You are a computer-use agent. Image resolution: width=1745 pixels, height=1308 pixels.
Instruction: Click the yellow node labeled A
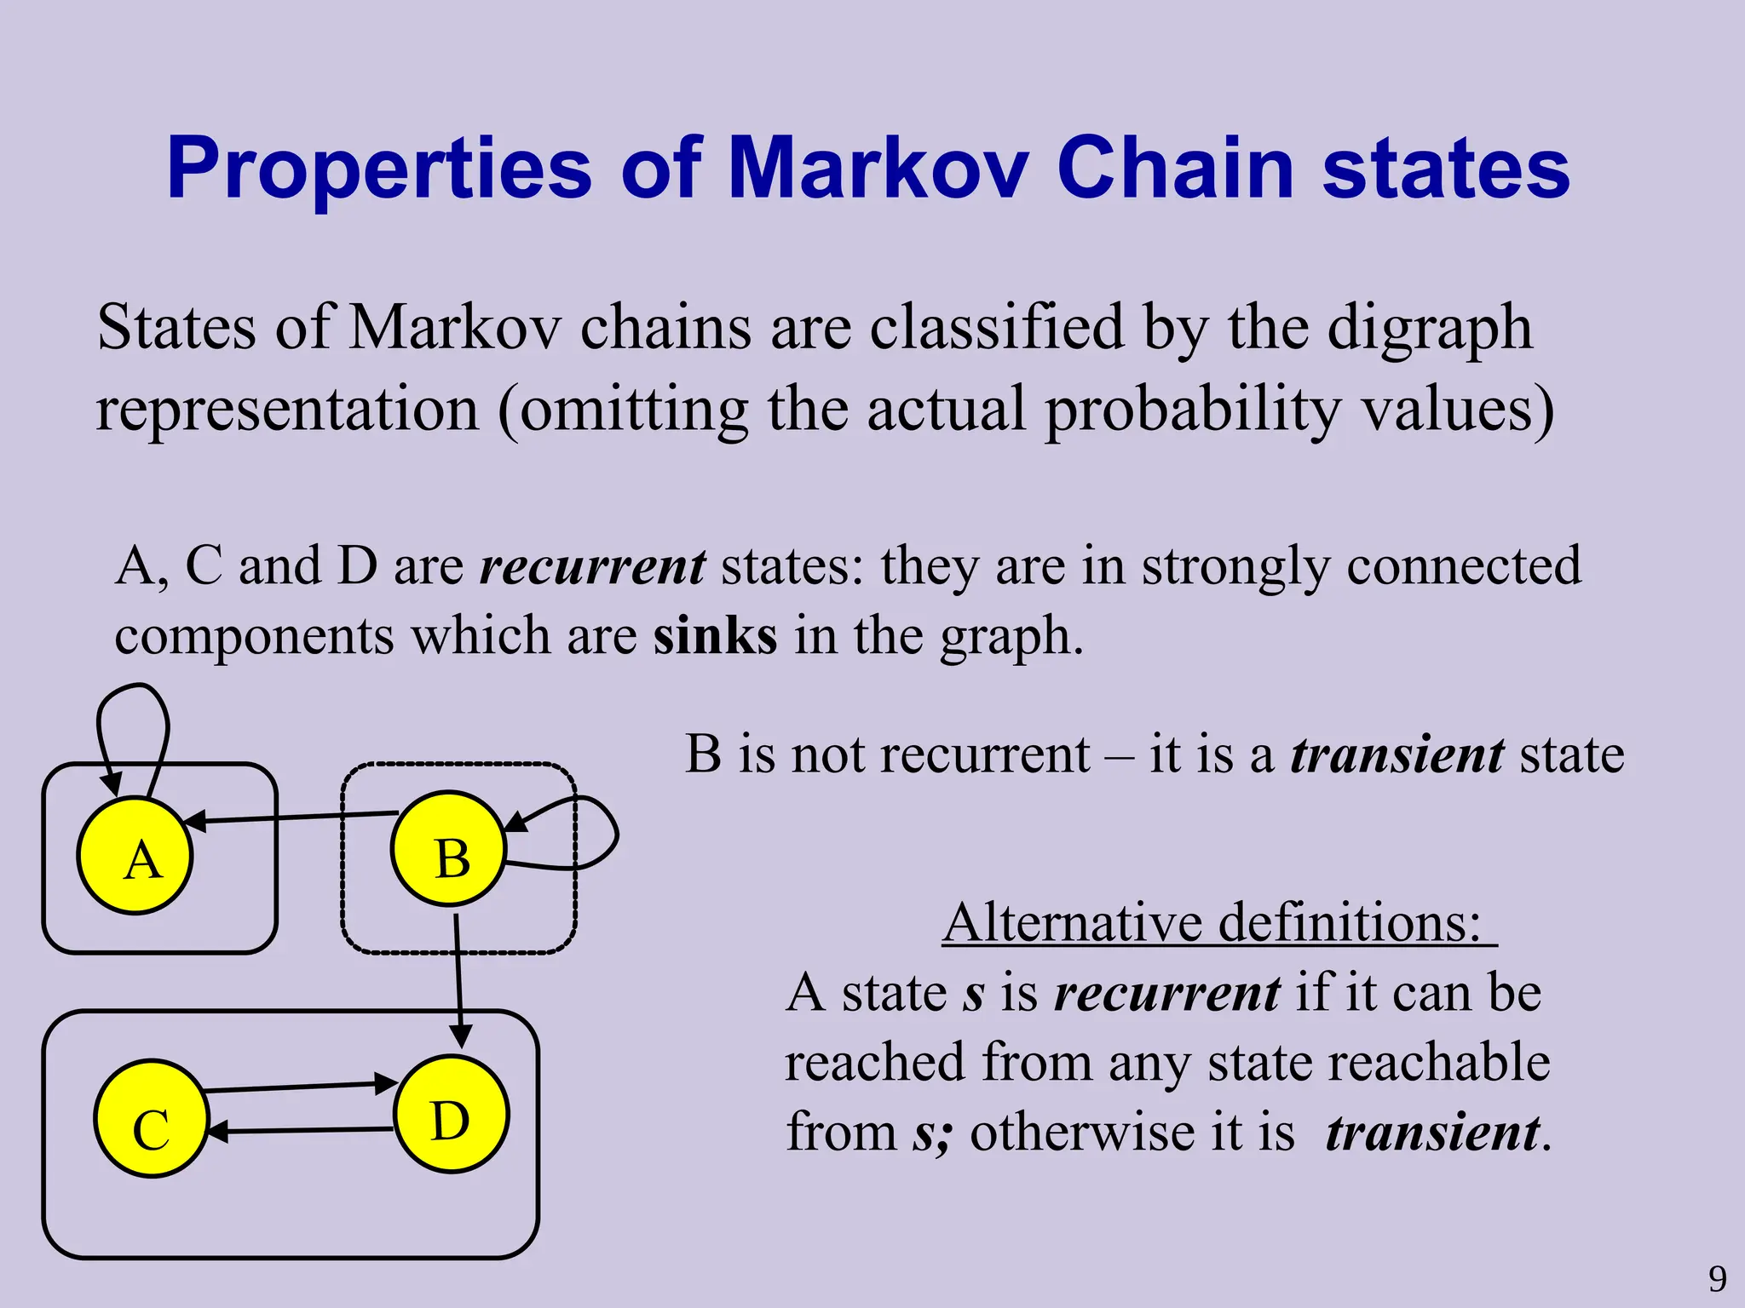135,856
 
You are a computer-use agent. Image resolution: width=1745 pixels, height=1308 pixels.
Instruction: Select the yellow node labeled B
449,849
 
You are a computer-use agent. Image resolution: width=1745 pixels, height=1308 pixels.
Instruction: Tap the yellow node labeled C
152,1120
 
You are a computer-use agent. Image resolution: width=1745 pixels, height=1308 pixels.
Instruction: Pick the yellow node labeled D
452,1115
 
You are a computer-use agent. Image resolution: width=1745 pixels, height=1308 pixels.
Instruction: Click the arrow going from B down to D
458,979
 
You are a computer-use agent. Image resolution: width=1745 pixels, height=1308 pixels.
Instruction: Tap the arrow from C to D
298,1087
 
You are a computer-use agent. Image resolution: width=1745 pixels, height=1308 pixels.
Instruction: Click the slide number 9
1718,1279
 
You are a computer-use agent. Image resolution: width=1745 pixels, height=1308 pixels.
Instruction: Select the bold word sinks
715,635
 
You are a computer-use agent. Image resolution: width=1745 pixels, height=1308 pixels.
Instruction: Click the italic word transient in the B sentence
1397,754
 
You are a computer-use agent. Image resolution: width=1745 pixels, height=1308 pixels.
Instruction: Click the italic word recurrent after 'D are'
593,565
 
